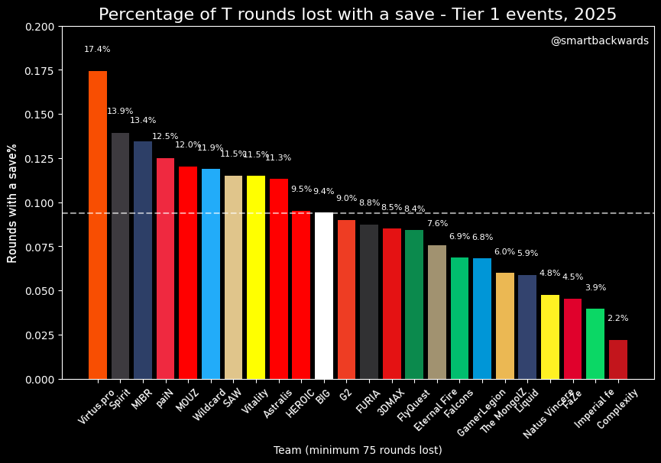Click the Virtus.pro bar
98,225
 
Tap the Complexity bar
618,360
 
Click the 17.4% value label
97,50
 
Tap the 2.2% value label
617,319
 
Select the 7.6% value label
437,224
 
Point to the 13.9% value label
120,112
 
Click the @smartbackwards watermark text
599,41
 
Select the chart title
357,15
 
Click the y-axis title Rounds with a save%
13,203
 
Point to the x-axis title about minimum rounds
358,450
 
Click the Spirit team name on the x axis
119,399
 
